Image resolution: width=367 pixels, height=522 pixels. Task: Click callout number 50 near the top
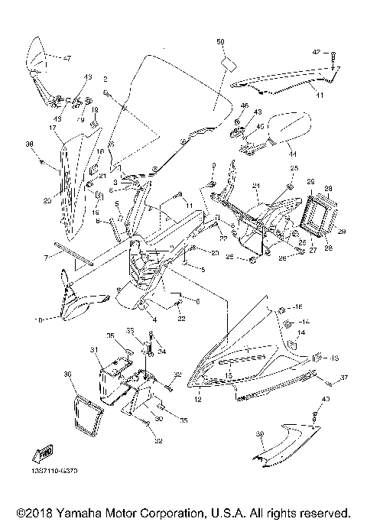point(220,40)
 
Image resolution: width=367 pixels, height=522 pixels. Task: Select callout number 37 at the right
point(344,378)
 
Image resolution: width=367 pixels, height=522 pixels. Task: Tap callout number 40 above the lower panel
point(326,399)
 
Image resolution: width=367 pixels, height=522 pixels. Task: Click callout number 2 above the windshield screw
point(106,79)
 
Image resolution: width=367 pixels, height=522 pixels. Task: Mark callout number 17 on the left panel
point(53,128)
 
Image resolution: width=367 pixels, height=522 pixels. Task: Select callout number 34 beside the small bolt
point(161,352)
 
